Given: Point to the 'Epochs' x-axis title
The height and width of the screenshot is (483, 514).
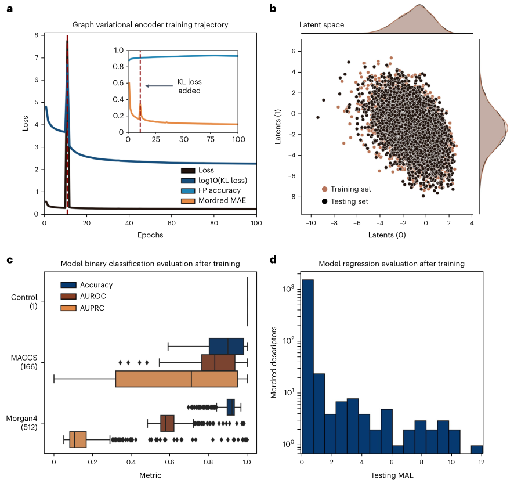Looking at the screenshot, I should (150, 235).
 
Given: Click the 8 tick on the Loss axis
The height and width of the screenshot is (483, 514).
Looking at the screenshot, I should (36, 35).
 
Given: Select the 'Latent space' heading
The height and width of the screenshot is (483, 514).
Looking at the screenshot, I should (321, 25).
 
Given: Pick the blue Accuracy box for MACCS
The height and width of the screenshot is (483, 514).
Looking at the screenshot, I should (226, 346).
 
